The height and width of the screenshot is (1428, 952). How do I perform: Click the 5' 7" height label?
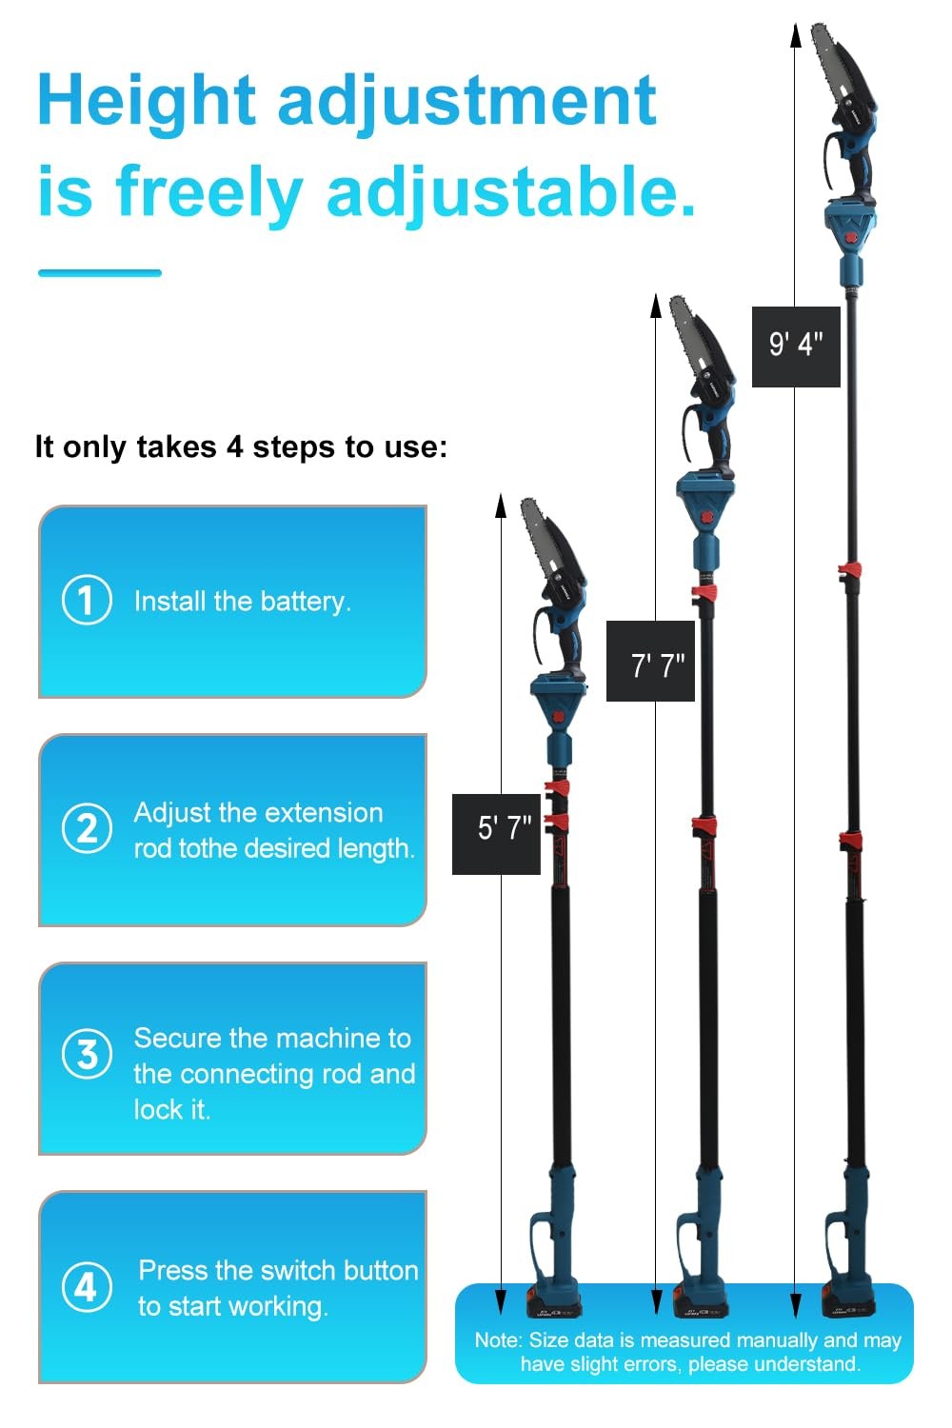pos(496,827)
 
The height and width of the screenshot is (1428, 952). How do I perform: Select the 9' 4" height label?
pos(796,344)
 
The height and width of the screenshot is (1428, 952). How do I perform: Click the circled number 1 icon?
pos(87,601)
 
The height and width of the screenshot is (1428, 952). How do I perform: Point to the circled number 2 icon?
pos(87,828)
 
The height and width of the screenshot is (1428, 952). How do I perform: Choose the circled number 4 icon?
pos(87,1287)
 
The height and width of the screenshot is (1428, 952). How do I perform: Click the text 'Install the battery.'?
pos(243,602)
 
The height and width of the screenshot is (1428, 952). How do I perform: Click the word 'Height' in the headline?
pos(146,100)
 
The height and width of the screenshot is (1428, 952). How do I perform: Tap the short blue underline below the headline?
pos(100,273)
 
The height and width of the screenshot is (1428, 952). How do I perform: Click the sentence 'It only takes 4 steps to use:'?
pos(241,446)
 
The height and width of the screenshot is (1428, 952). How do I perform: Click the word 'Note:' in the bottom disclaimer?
pos(498,1340)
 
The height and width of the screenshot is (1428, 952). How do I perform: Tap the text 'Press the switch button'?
pos(278,1270)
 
